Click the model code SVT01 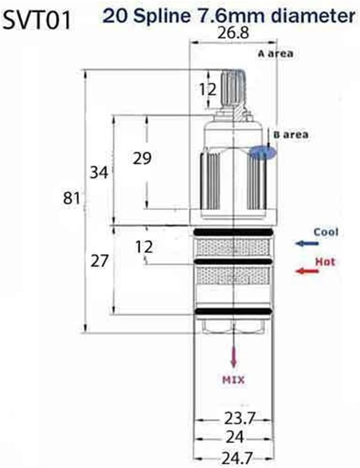(x=37, y=20)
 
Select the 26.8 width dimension (x=233, y=34)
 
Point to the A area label (x=274, y=53)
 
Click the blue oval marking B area (x=263, y=152)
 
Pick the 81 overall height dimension (x=72, y=198)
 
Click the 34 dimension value (x=99, y=172)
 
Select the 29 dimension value (x=142, y=158)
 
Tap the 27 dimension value (x=100, y=261)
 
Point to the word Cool (x=325, y=232)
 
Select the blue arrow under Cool (x=307, y=244)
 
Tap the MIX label (x=234, y=380)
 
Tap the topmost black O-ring (x=233, y=232)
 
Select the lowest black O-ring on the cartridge (x=233, y=311)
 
